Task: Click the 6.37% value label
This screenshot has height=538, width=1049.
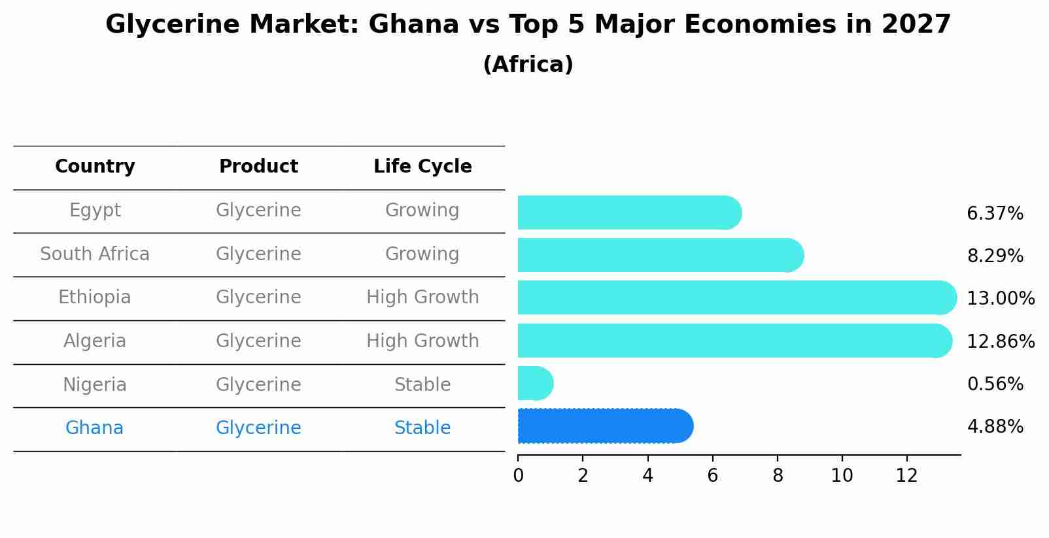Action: click(994, 214)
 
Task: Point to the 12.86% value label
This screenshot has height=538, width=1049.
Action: click(1000, 341)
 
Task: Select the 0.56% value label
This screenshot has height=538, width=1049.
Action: click(994, 384)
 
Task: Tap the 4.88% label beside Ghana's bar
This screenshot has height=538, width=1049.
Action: click(994, 427)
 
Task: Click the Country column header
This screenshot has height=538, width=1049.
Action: click(95, 167)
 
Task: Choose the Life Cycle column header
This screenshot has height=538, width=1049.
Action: click(422, 167)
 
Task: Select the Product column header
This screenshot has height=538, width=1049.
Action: click(258, 167)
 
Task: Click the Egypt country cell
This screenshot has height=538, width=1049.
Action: click(95, 210)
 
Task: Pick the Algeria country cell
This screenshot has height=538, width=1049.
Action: click(95, 341)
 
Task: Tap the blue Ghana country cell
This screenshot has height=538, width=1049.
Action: click(95, 428)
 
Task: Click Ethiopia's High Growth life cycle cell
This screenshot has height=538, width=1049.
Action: click(422, 297)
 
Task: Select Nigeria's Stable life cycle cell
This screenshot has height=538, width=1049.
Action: click(422, 385)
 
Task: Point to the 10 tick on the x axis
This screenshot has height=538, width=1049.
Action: click(842, 476)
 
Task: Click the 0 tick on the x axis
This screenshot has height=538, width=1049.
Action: click(518, 476)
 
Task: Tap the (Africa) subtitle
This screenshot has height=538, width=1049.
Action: click(528, 65)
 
